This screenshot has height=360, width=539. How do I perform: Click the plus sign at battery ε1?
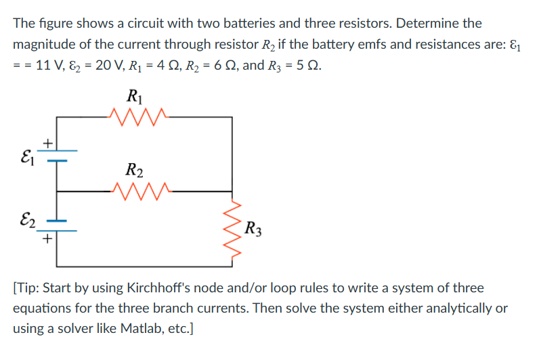click(x=48, y=142)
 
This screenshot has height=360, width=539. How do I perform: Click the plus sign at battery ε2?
click(x=48, y=239)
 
